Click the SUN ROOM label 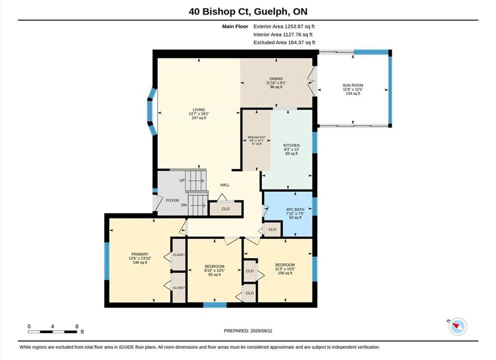pos(353,85)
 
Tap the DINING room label pos(276,78)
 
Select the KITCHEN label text pos(291,145)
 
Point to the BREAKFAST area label pos(257,137)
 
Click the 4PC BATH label pos(295,209)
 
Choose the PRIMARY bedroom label pos(140,254)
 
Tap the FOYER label pos(172,200)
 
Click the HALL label pos(225,185)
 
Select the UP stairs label pos(182,180)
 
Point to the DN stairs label pos(184,205)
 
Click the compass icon pos(458,326)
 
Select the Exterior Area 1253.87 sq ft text pos(284,26)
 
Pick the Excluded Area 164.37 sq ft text pos(284,42)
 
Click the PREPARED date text pos(248,331)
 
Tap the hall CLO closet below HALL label pos(226,209)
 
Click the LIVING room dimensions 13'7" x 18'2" pos(199,113)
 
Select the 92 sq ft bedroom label pos(214,275)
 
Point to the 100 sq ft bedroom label pos(285,273)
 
